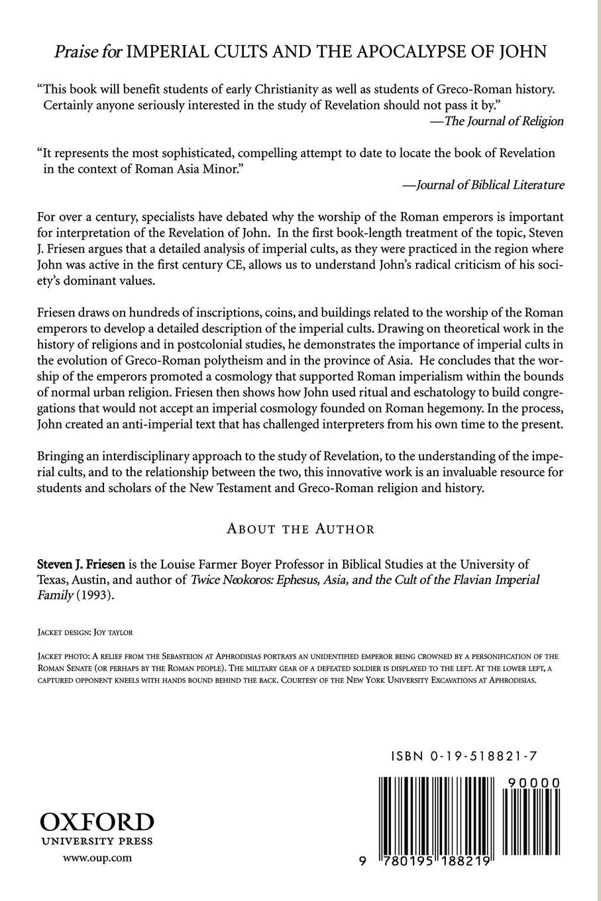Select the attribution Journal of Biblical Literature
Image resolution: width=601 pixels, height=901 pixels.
click(x=484, y=185)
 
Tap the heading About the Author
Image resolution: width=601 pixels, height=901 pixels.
click(x=300, y=529)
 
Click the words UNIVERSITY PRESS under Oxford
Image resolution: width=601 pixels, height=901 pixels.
click(x=97, y=841)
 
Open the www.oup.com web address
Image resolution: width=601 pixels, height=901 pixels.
click(x=97, y=857)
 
